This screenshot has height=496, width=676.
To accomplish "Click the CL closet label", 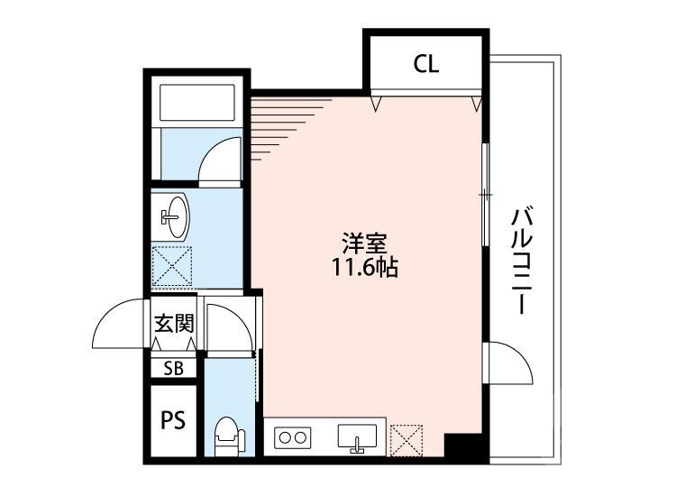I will [426, 64].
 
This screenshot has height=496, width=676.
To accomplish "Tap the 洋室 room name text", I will [365, 243].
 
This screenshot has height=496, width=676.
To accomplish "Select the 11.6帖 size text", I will [365, 267].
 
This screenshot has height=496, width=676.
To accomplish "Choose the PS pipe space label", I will [173, 420].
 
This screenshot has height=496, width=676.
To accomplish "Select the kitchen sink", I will [358, 436].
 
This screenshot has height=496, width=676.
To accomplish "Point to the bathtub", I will [197, 105].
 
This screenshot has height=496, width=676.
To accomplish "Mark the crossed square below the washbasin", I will [171, 267].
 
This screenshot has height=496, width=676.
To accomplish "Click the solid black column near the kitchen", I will [464, 445].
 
